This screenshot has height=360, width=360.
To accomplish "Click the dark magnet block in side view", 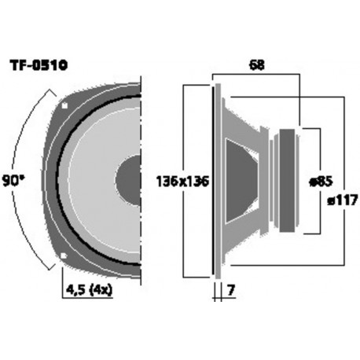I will click(x=290, y=180).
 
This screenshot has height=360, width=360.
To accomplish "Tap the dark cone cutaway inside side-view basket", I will click(x=242, y=180).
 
